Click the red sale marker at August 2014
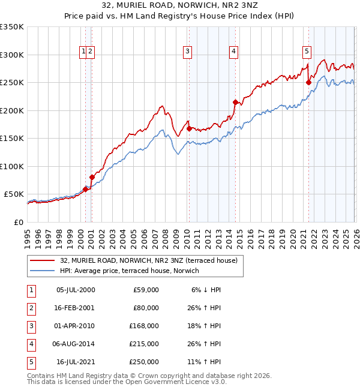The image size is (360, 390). point(235,102)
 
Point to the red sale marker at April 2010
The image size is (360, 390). point(189,128)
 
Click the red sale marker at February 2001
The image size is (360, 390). point(92,177)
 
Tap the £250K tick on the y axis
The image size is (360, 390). point(12,83)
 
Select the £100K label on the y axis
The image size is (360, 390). point(12,166)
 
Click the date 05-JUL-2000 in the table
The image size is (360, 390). point(76,290)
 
